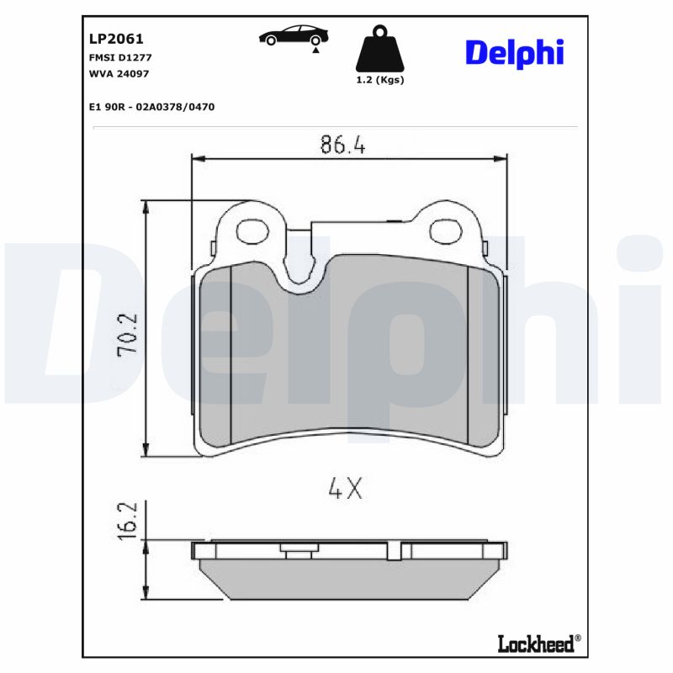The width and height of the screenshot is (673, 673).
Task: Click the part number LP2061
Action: tap(116, 39)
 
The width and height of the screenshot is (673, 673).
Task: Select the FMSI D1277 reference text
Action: tap(119, 57)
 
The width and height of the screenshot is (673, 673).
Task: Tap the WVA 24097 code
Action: tap(118, 72)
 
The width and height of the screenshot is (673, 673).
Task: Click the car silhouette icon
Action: tap(294, 36)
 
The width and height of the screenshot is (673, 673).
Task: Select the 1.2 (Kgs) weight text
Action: tap(380, 80)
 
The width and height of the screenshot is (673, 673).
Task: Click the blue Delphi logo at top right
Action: tap(514, 51)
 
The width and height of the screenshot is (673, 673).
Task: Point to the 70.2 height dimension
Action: tap(128, 336)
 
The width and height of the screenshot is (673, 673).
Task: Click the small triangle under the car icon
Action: tap(315, 50)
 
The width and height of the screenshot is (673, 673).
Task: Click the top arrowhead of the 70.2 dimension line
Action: tap(147, 206)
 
